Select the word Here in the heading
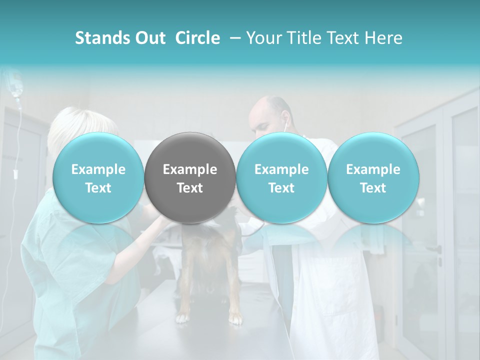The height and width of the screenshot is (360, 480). tap(383, 38)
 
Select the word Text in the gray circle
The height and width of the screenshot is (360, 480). tap(189, 188)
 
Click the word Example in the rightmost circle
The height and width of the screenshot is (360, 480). tap(373, 169)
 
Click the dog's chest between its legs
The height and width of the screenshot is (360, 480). tap(207, 270)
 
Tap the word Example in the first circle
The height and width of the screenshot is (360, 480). tap(98, 169)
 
